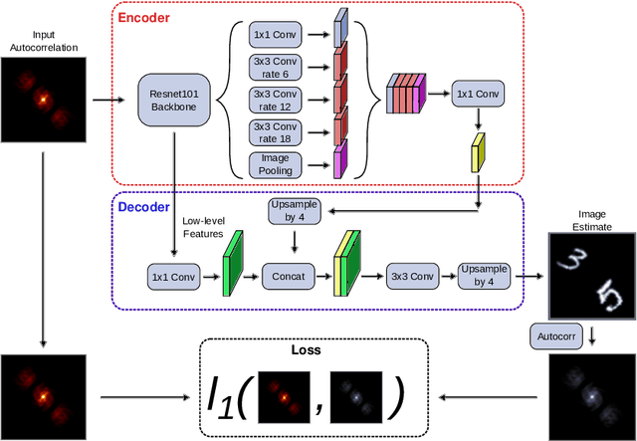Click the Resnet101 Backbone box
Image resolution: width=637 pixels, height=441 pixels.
pyautogui.click(x=174, y=100)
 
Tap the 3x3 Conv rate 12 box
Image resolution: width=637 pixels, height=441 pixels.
pyautogui.click(x=273, y=101)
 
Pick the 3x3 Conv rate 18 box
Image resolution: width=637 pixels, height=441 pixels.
pyautogui.click(x=273, y=130)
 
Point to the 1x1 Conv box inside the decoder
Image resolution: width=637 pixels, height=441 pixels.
pyautogui.click(x=173, y=275)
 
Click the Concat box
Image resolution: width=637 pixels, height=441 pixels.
pyautogui.click(x=288, y=275)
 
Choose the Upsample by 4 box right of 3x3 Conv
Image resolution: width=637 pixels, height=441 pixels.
pyautogui.click(x=486, y=275)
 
